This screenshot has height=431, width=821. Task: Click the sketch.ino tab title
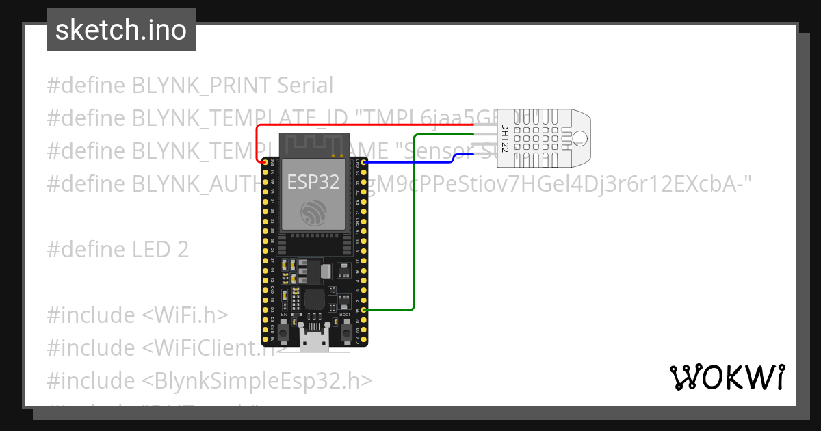point(120,30)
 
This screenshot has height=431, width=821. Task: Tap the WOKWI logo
point(727,377)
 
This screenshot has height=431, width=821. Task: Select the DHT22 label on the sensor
point(505,138)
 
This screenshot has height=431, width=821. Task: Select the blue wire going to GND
point(410,163)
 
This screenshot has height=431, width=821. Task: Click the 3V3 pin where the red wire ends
point(265,162)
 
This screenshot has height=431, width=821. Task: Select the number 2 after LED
point(182,250)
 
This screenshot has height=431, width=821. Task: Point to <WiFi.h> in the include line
point(185,315)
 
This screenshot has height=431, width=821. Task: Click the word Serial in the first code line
point(305,86)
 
